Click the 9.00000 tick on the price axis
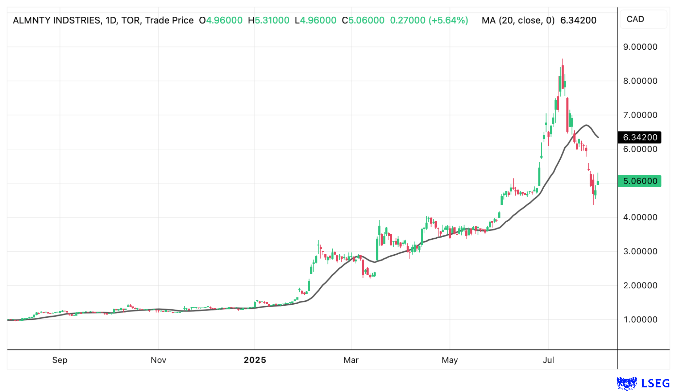point(640,47)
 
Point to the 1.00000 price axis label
point(640,320)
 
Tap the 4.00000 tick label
point(640,217)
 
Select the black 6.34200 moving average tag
point(640,137)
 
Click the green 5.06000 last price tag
point(640,181)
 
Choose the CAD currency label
point(635,19)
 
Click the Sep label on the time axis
point(60,360)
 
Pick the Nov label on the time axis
point(158,360)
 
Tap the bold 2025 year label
point(255,360)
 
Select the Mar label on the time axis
point(351,360)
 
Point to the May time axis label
point(449,360)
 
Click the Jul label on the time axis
point(548,360)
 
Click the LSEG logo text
point(655,383)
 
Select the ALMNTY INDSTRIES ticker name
point(57,20)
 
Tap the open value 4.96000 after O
point(224,20)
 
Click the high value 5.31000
point(272,20)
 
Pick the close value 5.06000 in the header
point(366,20)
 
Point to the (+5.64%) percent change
point(448,20)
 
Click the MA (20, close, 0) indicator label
point(518,20)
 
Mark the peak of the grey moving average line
point(586,125)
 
